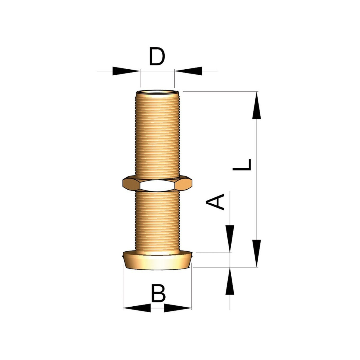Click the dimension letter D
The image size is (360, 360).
pos(157,56)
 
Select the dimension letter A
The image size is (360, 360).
pos(215,202)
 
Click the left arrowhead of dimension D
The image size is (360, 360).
pos(126,71)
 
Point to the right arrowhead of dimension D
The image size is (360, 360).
pos(188,71)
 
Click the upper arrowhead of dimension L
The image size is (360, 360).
pos(256,105)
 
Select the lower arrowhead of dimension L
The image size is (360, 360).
pos(256,253)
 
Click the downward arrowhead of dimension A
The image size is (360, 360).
pos(230,239)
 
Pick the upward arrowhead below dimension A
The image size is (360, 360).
pos(230,281)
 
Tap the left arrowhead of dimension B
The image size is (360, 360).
pos(137,308)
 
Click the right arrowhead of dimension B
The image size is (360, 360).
pos(178,308)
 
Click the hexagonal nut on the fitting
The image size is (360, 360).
pos(157,184)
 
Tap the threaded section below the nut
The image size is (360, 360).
pos(157,221)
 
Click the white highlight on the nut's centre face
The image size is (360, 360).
pos(157,186)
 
